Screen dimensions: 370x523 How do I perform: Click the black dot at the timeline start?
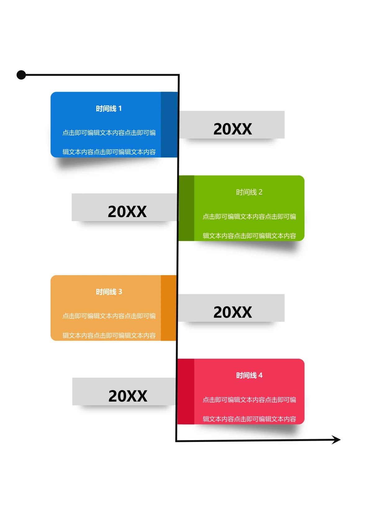(x=21, y=75)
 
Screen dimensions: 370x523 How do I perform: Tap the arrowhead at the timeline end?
(x=336, y=440)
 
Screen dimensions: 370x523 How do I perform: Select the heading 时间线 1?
(x=109, y=109)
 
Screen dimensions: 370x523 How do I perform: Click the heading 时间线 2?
(x=249, y=192)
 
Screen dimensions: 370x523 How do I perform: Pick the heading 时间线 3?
(x=109, y=292)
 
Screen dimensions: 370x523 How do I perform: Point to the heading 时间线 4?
(x=249, y=375)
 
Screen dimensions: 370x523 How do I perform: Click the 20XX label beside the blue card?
(x=233, y=129)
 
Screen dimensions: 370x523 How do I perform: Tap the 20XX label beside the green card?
(x=127, y=211)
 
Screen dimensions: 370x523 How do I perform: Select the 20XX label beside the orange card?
(x=233, y=312)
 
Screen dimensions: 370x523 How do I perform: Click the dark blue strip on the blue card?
(x=169, y=125)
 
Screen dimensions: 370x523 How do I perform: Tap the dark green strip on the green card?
(x=186, y=208)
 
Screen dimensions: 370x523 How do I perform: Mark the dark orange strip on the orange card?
(x=169, y=308)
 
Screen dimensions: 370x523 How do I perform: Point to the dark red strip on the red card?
(x=186, y=392)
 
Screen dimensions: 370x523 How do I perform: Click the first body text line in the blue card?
(x=109, y=133)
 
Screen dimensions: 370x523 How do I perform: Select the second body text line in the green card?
(x=249, y=236)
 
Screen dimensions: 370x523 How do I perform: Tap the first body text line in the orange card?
(x=109, y=316)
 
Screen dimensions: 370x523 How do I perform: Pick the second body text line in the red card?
(x=249, y=419)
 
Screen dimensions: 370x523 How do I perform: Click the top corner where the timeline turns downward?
(x=179, y=75)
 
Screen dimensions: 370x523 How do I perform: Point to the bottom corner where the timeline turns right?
(x=176, y=441)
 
